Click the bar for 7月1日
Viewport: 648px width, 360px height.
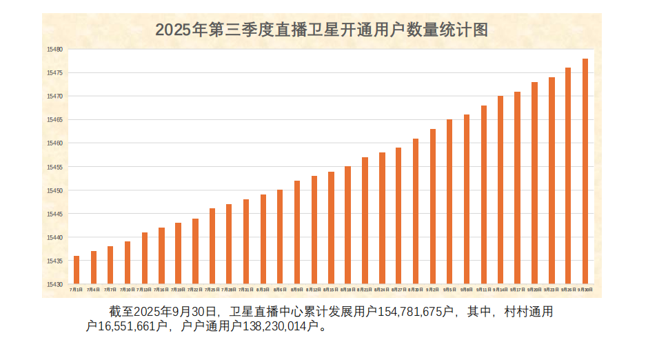pos(77,270)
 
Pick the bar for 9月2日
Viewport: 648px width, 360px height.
pos(433,206)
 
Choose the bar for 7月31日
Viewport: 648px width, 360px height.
pos(246,241)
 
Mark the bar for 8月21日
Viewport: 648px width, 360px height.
pos(365,221)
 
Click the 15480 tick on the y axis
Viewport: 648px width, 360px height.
pos(55,50)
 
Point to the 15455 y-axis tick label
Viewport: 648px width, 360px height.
pos(55,167)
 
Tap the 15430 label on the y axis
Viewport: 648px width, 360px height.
pos(55,284)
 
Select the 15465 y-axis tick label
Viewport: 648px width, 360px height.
pos(55,120)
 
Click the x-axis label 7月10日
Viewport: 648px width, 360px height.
pos(128,290)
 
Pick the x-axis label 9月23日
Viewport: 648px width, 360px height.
pos(551,290)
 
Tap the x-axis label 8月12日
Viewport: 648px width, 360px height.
pos(314,290)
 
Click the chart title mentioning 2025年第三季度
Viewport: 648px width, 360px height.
pos(321,30)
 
